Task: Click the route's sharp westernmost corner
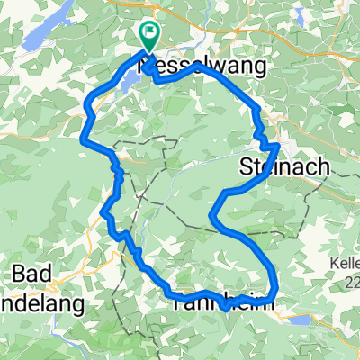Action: pos(83,139)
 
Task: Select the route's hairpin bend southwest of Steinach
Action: pos(212,216)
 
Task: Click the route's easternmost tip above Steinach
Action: pos(277,144)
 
